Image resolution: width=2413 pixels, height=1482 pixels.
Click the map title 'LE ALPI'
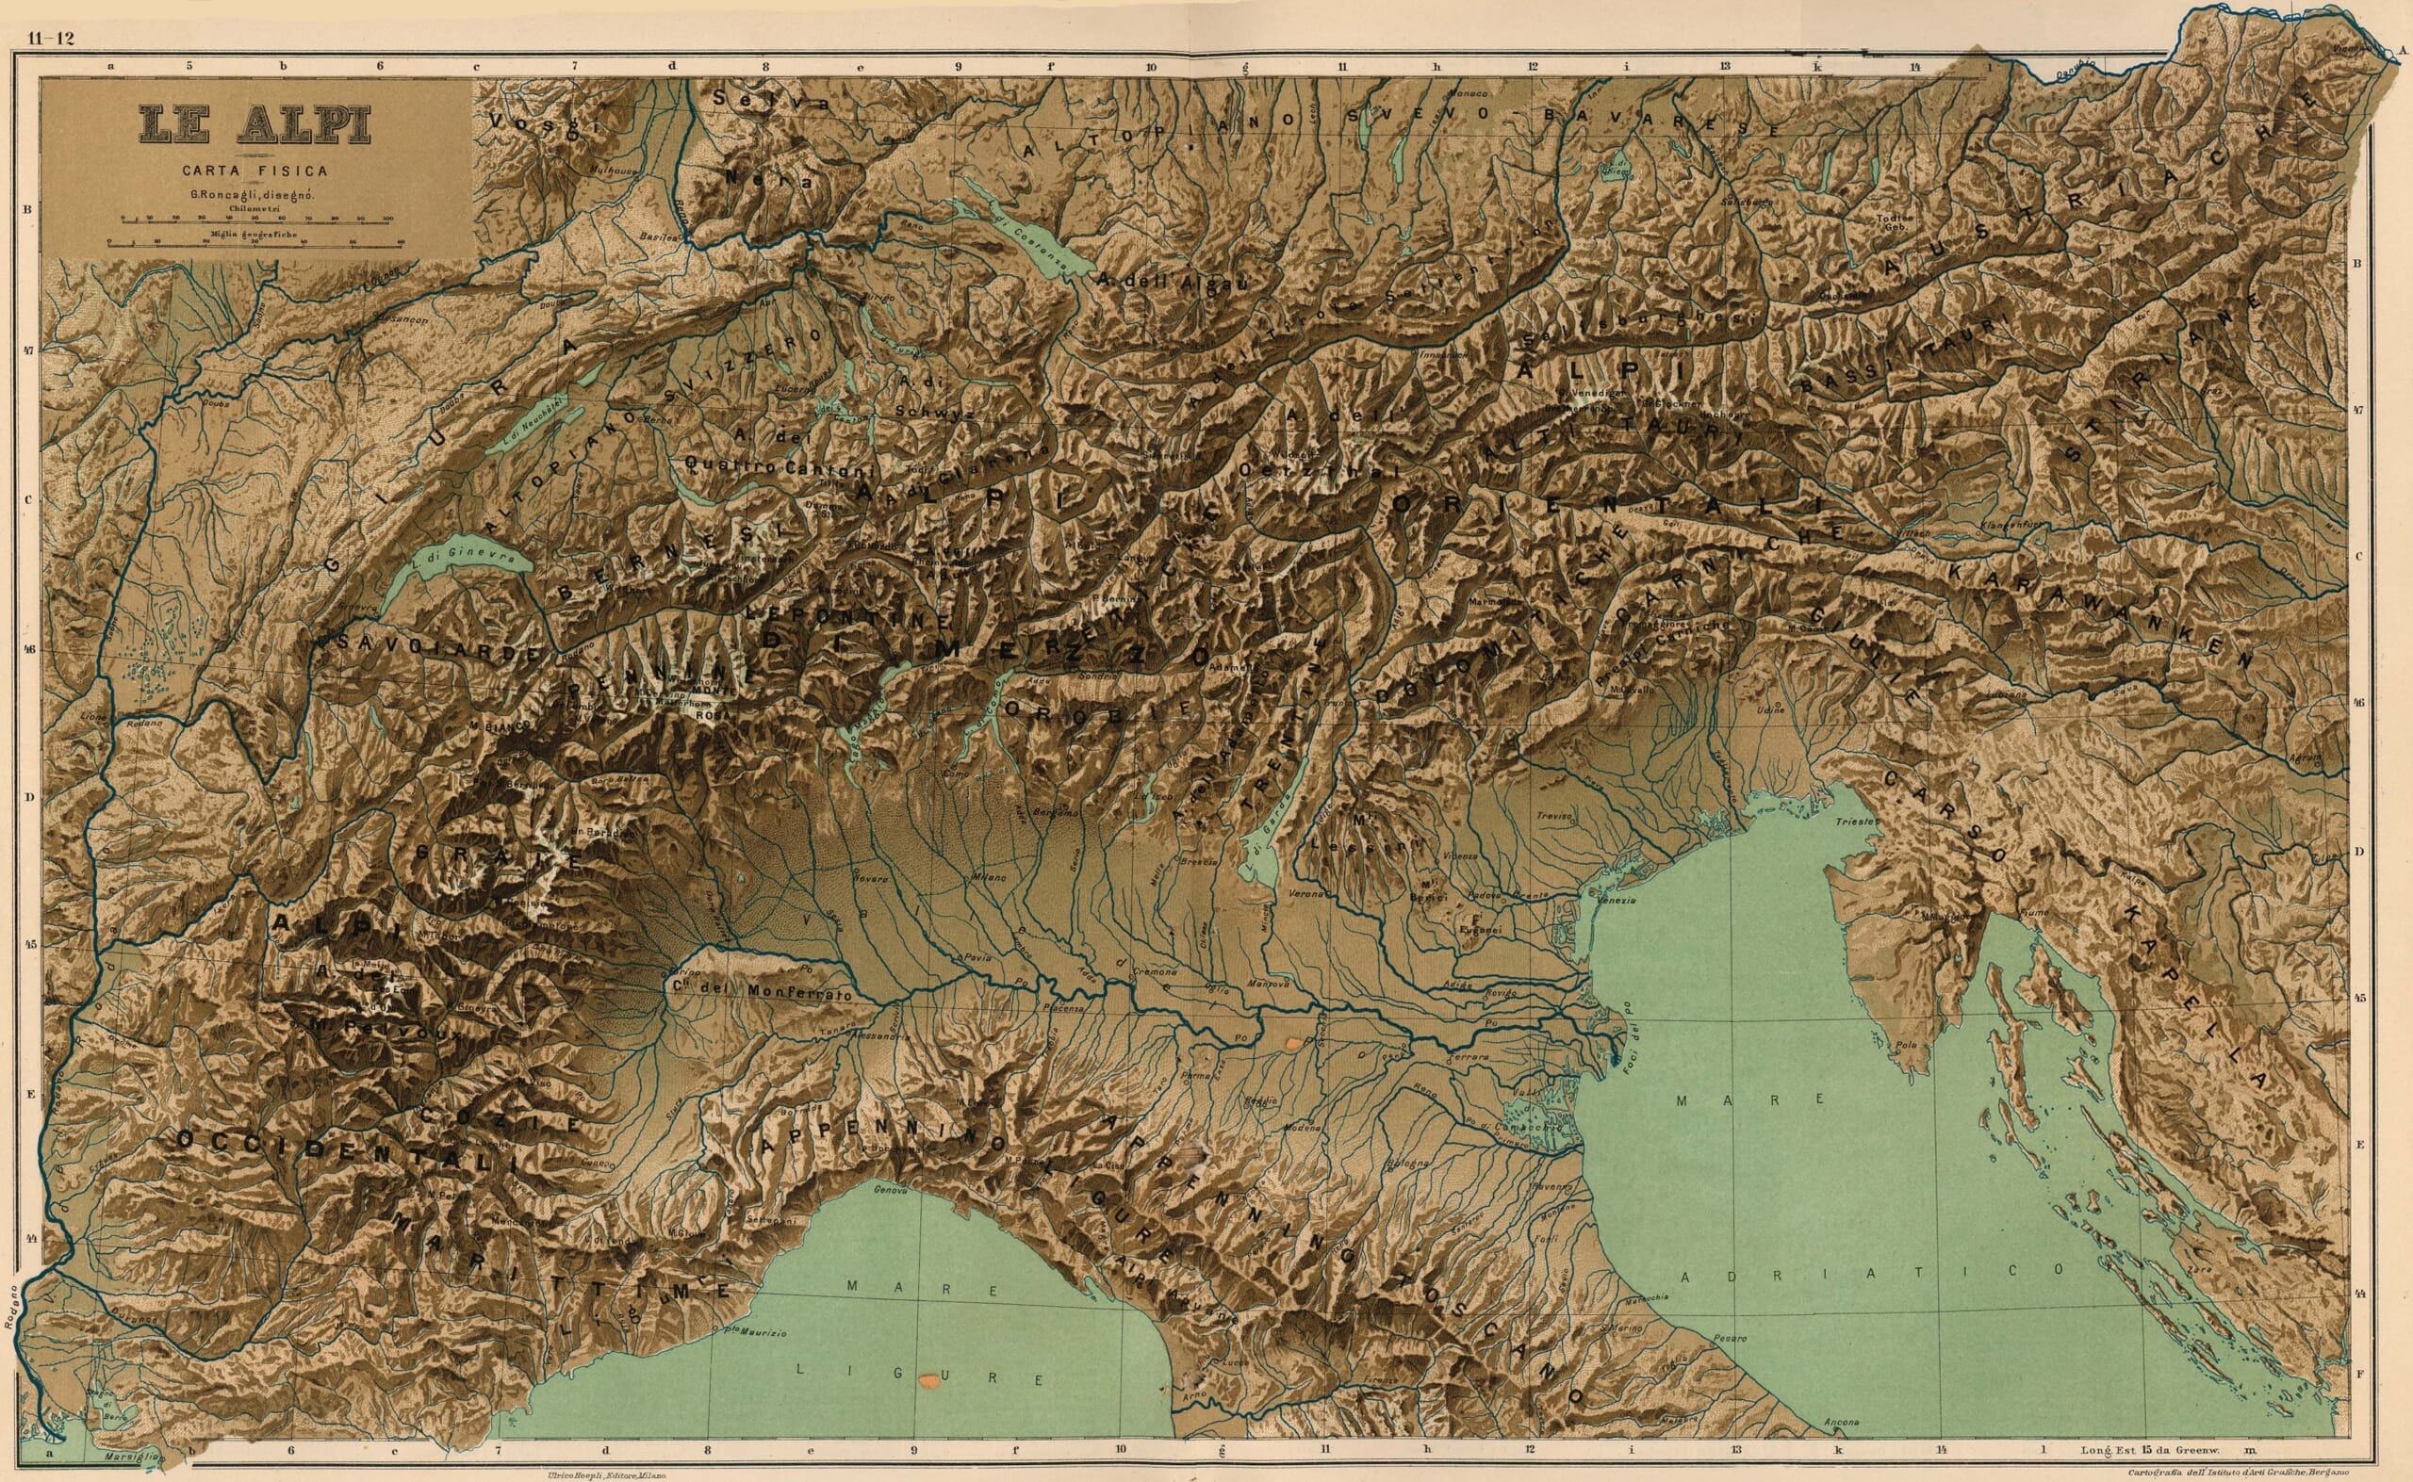[x=254, y=125]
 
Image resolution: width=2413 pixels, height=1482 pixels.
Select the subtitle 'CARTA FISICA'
[x=254, y=171]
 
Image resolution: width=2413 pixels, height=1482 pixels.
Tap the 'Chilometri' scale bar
[x=254, y=219]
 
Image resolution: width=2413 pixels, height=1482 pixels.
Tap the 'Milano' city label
[x=989, y=876]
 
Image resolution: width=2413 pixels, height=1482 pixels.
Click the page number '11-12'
[x=51, y=39]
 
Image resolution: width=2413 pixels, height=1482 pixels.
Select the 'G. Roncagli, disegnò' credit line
[x=253, y=194]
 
